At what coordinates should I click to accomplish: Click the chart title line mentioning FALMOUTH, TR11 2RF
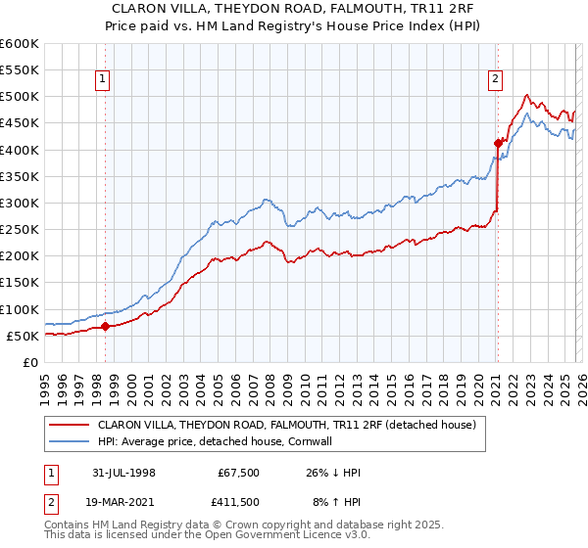(x=294, y=9)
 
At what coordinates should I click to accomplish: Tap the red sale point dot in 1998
(x=106, y=326)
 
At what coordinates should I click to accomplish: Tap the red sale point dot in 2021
(x=498, y=143)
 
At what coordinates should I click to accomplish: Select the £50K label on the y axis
(x=23, y=336)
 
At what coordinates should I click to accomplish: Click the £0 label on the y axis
(x=31, y=362)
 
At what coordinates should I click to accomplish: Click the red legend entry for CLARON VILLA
(x=286, y=425)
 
